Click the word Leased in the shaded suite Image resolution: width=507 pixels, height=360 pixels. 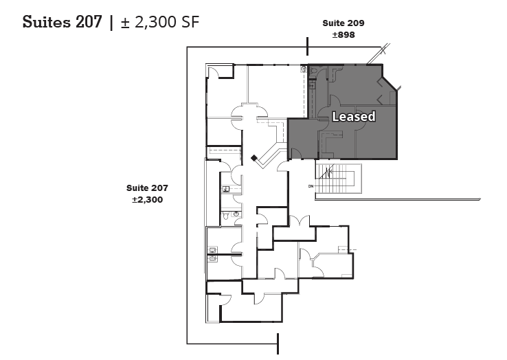[x=353, y=117]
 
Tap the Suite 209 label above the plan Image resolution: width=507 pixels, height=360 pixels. [x=343, y=23]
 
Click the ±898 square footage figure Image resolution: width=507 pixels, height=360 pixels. [x=343, y=34]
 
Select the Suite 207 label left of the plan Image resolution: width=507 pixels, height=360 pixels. [x=147, y=188]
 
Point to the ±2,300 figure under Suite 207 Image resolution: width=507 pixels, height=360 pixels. [x=147, y=199]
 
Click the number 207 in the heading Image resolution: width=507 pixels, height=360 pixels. [x=89, y=22]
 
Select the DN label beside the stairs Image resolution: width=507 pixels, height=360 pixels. [x=311, y=185]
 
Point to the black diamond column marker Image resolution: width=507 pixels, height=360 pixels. [x=254, y=159]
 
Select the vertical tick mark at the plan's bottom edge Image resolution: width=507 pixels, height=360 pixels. [x=278, y=344]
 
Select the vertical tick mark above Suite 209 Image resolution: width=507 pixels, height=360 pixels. [x=307, y=46]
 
